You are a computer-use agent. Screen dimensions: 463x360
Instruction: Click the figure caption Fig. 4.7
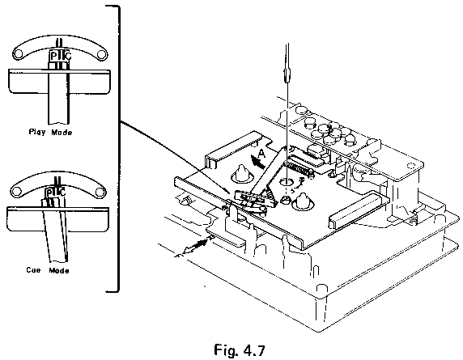coord(240,350)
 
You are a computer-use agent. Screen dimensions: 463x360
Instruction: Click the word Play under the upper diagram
coord(37,132)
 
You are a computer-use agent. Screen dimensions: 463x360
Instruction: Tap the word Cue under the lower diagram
coord(33,269)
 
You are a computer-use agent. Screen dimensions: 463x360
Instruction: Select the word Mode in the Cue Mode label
coord(59,270)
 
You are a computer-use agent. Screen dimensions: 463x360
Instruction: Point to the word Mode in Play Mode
coord(62,132)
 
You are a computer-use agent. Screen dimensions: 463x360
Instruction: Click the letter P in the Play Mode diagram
coord(53,56)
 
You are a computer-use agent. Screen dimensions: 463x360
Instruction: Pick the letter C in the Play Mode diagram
coord(68,56)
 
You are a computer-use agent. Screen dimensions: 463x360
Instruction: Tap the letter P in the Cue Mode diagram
coord(49,193)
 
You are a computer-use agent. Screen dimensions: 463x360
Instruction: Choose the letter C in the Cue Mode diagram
coord(62,193)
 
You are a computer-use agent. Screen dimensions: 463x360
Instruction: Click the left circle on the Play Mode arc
coord(18,54)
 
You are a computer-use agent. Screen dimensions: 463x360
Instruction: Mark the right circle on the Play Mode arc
coord(101,54)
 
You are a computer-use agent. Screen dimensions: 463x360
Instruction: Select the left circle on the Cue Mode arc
coord(16,193)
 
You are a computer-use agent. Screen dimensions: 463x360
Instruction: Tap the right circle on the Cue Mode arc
coord(100,193)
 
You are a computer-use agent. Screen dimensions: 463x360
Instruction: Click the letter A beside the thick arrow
coord(261,154)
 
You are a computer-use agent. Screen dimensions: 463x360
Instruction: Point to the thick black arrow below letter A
coord(257,162)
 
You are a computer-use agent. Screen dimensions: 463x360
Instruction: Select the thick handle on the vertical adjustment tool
coord(287,75)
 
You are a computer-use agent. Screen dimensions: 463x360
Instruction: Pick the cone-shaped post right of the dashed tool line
coord(302,201)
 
